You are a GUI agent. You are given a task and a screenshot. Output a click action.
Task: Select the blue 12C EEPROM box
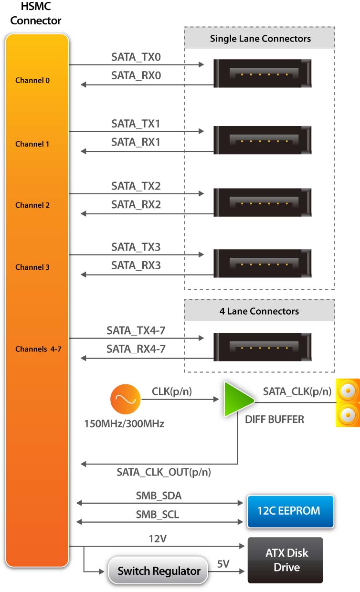tap(290, 511)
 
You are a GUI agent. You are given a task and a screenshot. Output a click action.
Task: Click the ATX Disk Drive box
tap(285, 560)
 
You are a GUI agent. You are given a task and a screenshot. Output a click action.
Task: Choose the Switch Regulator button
tap(159, 571)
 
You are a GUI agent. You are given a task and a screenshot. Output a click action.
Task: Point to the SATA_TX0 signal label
tap(136, 58)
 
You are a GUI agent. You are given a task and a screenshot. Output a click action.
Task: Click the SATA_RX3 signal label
tap(136, 265)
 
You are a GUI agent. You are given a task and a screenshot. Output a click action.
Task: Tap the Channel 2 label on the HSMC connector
tap(32, 205)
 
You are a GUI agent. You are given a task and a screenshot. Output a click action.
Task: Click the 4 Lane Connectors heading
tap(259, 311)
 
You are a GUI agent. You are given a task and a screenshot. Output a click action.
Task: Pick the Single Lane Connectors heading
tap(260, 39)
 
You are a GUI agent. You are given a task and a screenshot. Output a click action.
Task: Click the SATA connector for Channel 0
tap(263, 74)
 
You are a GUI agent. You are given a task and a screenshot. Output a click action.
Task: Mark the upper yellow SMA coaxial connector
tap(348, 391)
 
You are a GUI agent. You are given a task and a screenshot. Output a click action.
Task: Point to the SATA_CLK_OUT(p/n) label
tap(164, 473)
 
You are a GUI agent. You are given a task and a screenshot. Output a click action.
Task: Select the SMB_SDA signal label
tap(159, 496)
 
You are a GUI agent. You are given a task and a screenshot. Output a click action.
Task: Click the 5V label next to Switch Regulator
tap(223, 564)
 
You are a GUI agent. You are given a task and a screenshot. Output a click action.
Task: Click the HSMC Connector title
tap(36, 14)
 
